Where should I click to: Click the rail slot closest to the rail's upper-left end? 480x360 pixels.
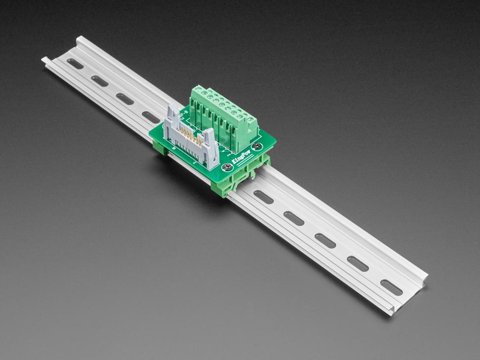(x=75, y=63)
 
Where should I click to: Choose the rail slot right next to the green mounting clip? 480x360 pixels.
(x=263, y=197)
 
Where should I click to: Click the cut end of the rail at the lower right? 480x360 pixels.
(x=393, y=310)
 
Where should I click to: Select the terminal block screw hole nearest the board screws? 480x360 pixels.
(x=250, y=119)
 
